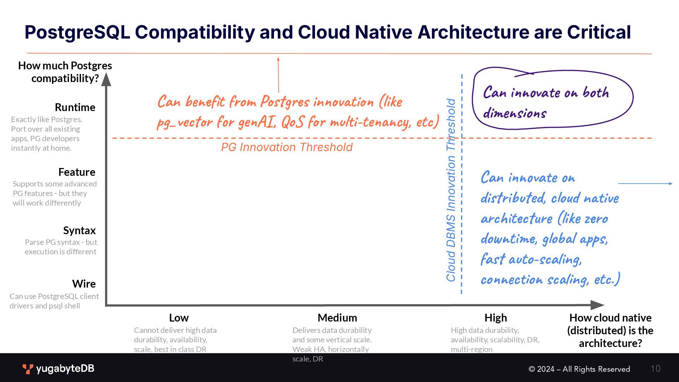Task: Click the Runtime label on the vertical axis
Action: tap(75, 107)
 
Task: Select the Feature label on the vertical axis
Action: tap(77, 172)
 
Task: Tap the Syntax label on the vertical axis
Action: tap(79, 230)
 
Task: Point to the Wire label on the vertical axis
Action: tap(84, 284)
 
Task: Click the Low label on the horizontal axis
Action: tap(179, 318)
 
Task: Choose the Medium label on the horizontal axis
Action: tap(337, 318)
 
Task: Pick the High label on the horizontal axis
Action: tap(495, 318)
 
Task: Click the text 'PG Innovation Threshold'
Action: tap(287, 147)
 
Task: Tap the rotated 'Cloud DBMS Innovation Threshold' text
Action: tap(451, 190)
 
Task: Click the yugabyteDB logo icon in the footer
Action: tap(28, 369)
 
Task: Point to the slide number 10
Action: tap(655, 369)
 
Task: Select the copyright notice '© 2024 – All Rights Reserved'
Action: tap(579, 369)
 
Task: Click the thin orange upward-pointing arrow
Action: tap(278, 74)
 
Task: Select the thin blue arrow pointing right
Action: tap(645, 184)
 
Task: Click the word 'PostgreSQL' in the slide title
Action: tap(77, 32)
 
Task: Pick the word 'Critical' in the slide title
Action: tap(599, 32)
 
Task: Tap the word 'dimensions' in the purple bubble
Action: tap(515, 114)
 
